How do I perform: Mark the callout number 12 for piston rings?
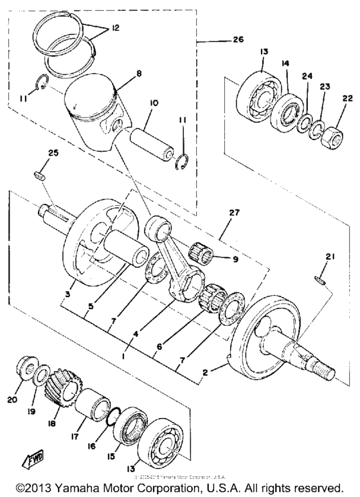[116, 29]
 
